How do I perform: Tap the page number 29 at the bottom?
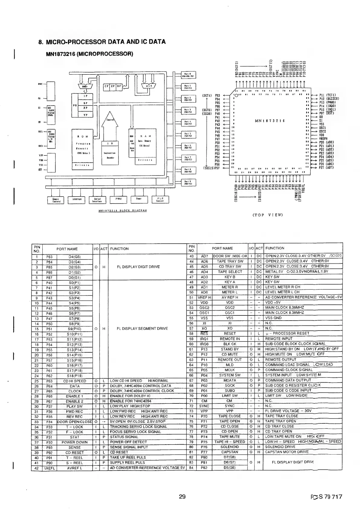point(182,497)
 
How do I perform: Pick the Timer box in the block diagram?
point(138,200)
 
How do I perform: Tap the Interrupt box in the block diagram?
point(76,199)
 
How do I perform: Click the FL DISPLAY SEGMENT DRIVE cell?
point(142,328)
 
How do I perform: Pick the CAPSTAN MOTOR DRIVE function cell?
point(287,452)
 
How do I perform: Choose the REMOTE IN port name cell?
point(230,339)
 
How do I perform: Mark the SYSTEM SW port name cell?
point(230,375)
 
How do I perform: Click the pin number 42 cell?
point(37,468)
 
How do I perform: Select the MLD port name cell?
point(230,365)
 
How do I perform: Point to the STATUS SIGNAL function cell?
point(124,437)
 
